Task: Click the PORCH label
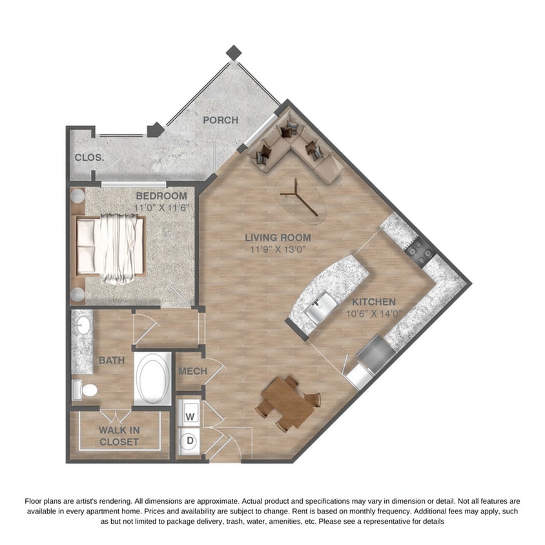click(220, 120)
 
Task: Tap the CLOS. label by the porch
click(85, 158)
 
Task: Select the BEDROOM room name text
click(161, 196)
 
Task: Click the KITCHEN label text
click(373, 302)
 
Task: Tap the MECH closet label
click(192, 371)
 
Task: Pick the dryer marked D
click(190, 442)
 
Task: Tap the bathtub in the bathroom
click(153, 379)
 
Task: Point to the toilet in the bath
click(85, 389)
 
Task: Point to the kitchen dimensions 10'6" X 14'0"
click(373, 314)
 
